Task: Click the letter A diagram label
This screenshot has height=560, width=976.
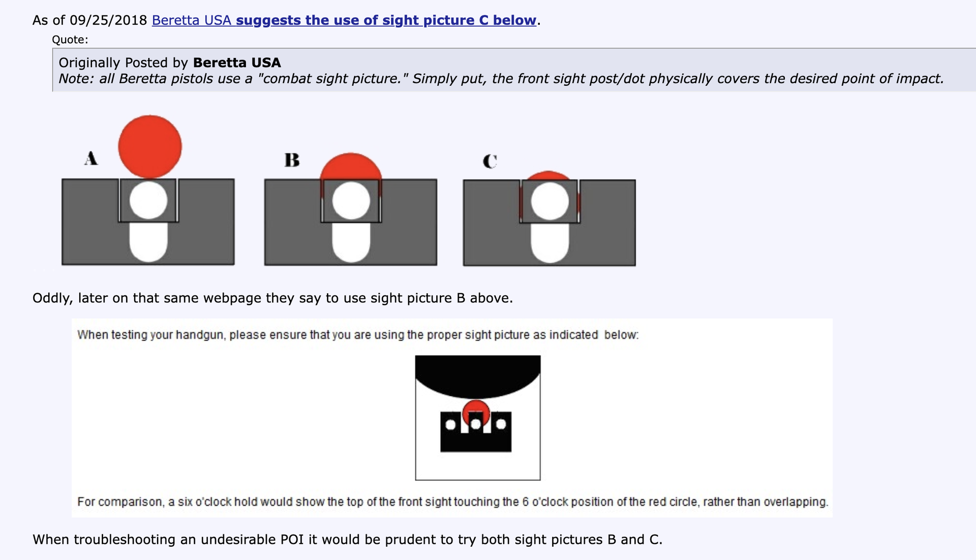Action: [x=91, y=158]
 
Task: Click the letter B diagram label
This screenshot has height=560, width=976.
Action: [x=292, y=160]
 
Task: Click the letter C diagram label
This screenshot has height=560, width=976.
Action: [x=490, y=161]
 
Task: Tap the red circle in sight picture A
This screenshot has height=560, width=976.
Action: [x=150, y=146]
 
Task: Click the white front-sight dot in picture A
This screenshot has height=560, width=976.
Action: [x=148, y=200]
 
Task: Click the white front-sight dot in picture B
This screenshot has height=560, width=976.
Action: [x=351, y=201]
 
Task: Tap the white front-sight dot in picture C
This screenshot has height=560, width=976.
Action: [x=550, y=202]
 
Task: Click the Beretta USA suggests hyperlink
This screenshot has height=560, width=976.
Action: [x=344, y=20]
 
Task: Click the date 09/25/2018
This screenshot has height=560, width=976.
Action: [x=108, y=20]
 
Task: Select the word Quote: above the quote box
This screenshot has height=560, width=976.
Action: [x=70, y=40]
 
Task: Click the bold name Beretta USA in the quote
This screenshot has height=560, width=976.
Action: [x=237, y=63]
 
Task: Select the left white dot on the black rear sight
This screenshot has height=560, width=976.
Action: [x=450, y=424]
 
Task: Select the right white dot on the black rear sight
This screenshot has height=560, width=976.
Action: [x=501, y=424]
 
